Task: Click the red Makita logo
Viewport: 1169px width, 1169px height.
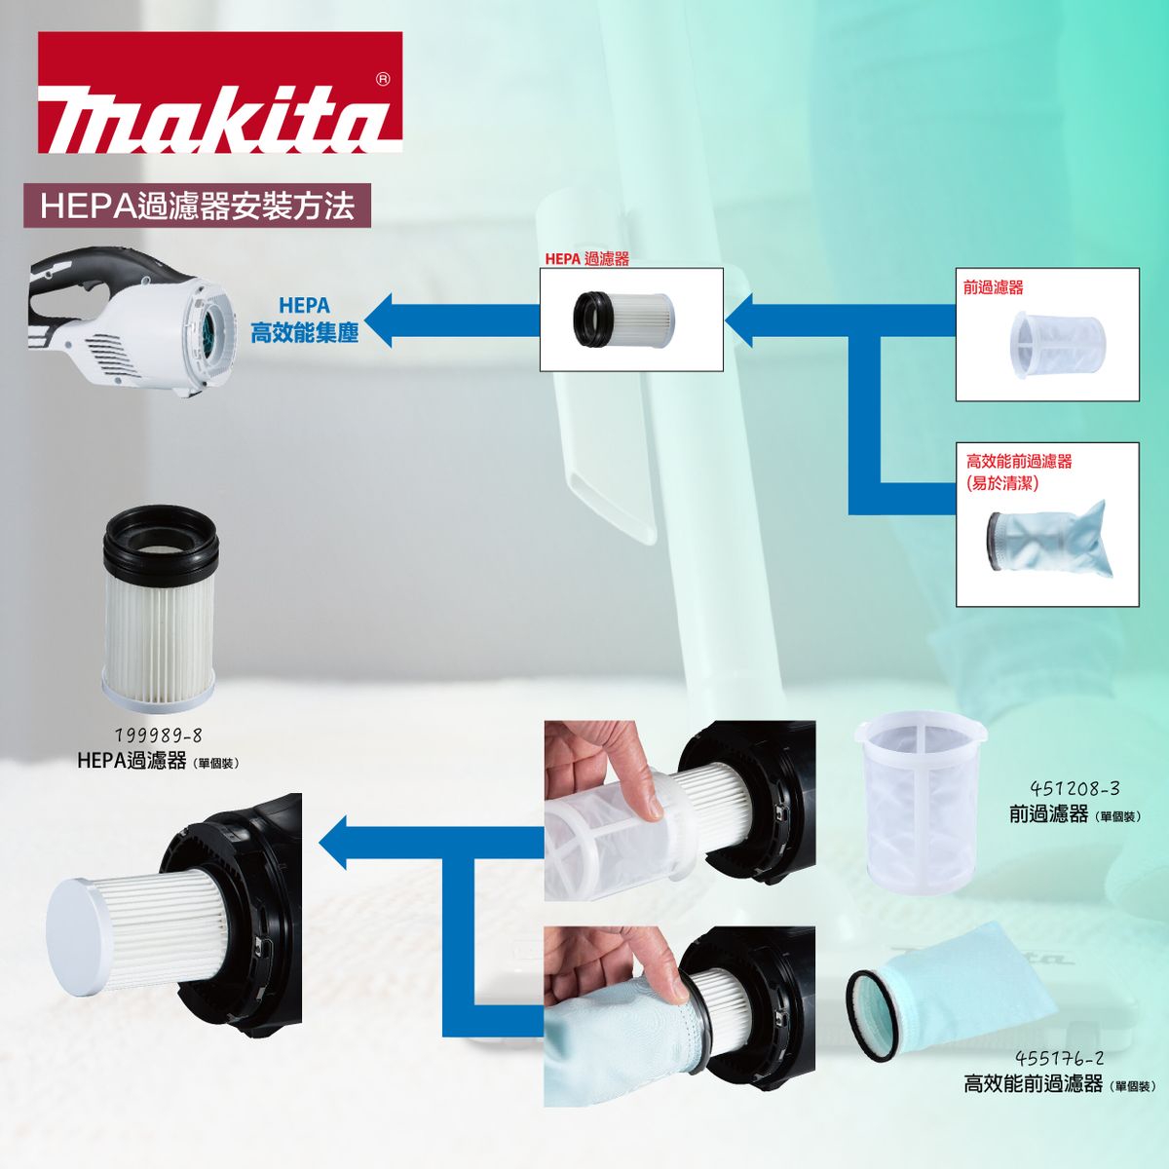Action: (x=220, y=93)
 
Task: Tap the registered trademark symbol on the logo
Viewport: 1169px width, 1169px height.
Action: (x=383, y=80)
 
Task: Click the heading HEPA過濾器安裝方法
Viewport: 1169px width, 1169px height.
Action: (x=197, y=206)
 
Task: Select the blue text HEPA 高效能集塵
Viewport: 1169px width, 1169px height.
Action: (x=305, y=320)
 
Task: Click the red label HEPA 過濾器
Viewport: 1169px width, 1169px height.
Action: (x=586, y=259)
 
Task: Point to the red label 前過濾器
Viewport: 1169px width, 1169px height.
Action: (x=993, y=287)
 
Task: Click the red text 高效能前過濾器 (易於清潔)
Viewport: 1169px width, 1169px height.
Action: (x=1019, y=471)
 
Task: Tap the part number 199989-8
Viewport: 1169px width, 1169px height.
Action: (x=159, y=735)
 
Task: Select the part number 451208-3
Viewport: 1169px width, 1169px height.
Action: (x=1075, y=789)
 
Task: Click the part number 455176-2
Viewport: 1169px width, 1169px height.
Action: (x=1060, y=1058)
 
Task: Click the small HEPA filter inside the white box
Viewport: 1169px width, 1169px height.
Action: (x=623, y=320)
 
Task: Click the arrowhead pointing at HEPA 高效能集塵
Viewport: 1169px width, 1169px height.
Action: (x=378, y=320)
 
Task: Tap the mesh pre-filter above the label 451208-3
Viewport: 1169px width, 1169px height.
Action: (x=921, y=802)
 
